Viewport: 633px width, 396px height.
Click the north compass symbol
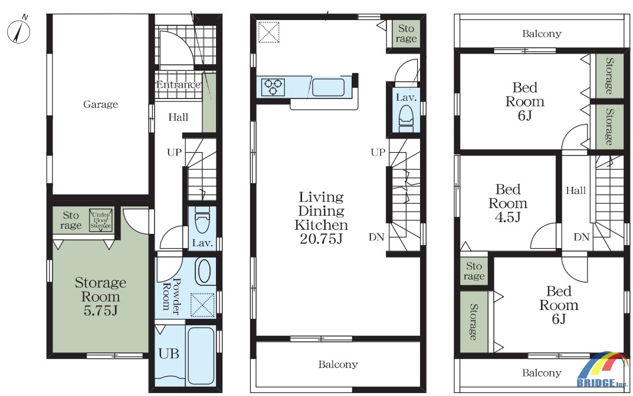click(18, 31)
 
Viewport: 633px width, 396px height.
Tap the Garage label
click(100, 104)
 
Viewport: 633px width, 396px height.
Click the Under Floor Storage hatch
click(100, 220)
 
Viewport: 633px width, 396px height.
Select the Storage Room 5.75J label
click(100, 296)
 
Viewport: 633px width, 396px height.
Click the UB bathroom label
click(168, 354)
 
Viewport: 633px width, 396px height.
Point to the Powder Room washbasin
click(203, 271)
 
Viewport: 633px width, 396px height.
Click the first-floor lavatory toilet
click(202, 220)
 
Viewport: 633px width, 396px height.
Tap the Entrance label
click(178, 85)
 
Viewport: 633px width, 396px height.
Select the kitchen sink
click(328, 87)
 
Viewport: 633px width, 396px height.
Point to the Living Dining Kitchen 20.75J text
click(322, 218)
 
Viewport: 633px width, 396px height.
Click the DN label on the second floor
click(376, 237)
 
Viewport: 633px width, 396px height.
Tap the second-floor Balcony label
click(338, 365)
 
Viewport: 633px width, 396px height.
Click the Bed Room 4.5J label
click(508, 203)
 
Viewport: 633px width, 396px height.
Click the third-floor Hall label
click(576, 190)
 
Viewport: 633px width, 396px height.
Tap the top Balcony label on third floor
click(542, 34)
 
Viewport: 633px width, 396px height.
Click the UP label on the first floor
click(175, 153)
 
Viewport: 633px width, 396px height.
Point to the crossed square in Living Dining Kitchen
click(268, 32)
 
